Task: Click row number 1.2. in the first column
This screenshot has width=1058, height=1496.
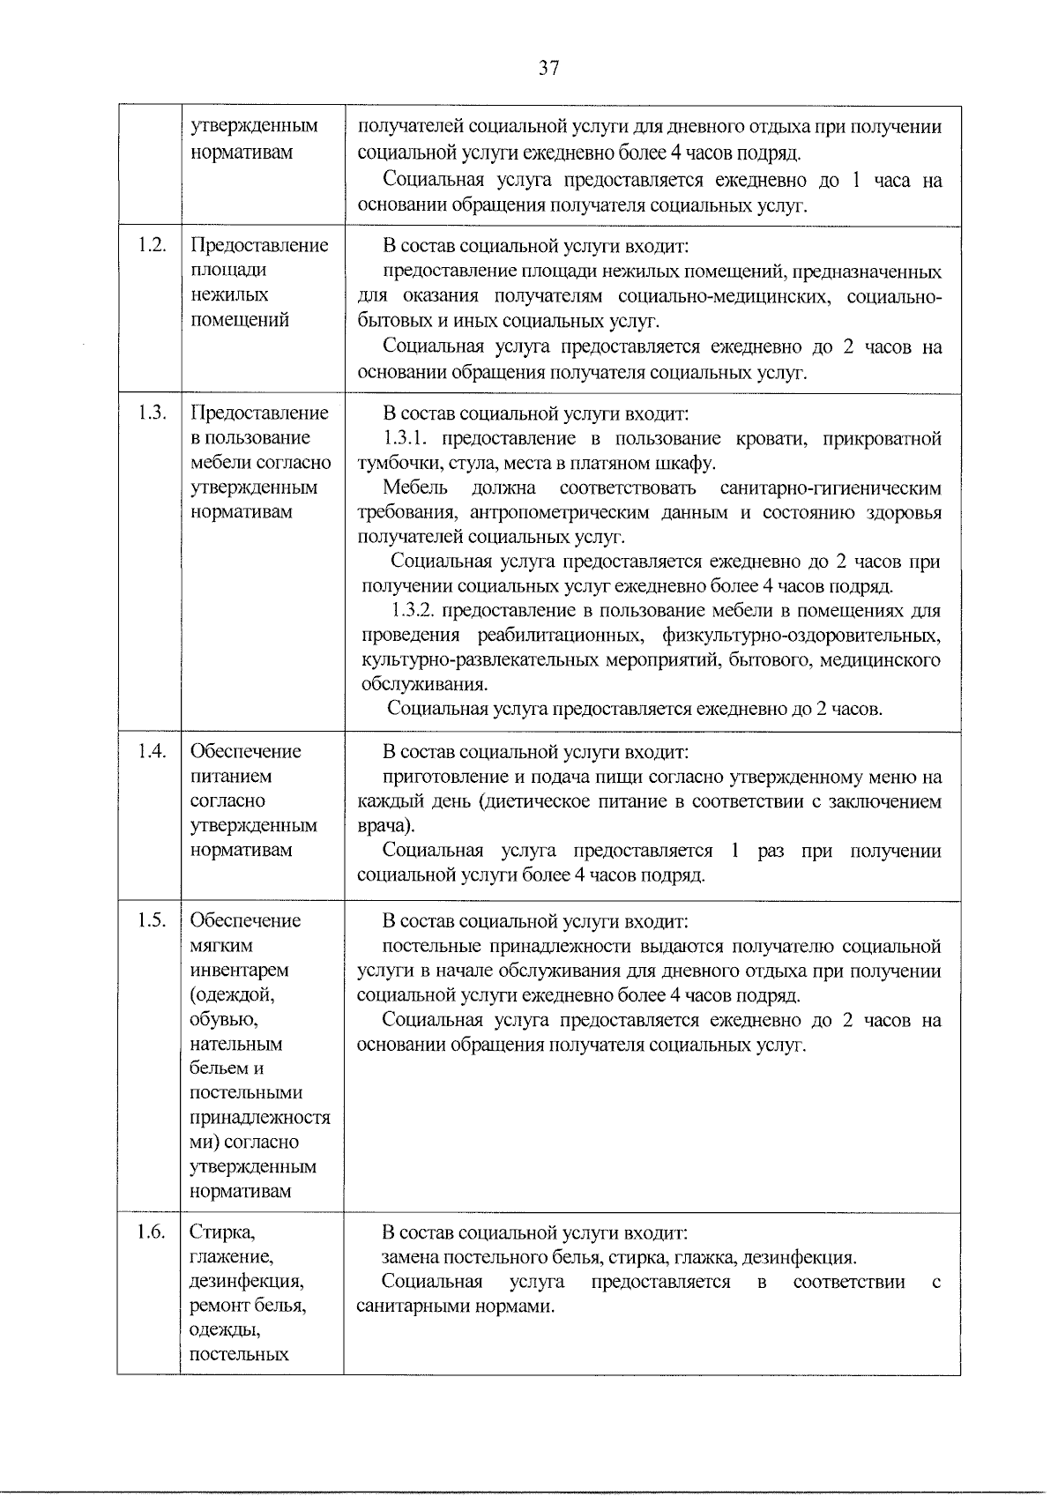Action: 152,245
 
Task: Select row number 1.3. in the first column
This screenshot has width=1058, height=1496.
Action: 152,413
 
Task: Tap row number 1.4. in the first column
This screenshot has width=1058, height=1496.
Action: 152,751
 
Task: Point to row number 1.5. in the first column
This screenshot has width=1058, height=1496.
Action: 152,920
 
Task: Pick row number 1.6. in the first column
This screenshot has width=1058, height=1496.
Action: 152,1232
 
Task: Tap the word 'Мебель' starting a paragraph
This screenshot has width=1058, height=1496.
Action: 415,488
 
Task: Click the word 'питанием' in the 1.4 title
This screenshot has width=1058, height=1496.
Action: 231,776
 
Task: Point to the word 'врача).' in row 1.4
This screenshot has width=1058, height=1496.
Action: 385,826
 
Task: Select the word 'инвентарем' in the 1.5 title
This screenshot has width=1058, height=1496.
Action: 239,970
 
